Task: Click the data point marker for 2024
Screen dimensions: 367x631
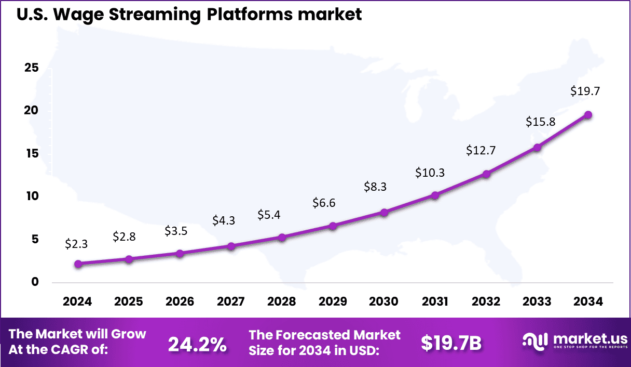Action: click(x=78, y=264)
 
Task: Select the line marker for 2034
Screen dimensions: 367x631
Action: click(x=588, y=115)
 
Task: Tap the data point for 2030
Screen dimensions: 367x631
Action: click(x=384, y=213)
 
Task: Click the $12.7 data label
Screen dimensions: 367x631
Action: click(x=481, y=150)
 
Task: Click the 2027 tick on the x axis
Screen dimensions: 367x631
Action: click(x=230, y=302)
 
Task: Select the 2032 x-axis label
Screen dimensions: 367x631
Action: click(x=486, y=302)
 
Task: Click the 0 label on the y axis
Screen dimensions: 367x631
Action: click(x=35, y=282)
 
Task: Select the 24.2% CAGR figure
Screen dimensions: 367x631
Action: click(x=197, y=344)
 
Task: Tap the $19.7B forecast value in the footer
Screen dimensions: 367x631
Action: click(x=451, y=343)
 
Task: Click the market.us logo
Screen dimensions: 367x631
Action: click(x=573, y=341)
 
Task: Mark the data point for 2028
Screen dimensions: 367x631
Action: click(x=282, y=238)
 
